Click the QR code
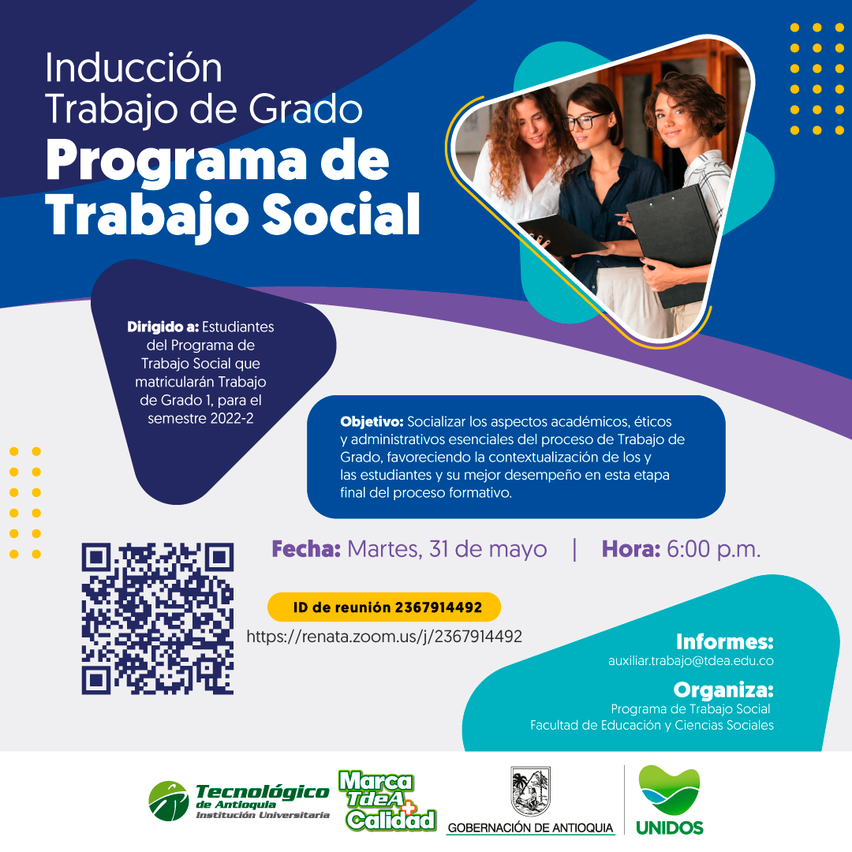click(x=158, y=618)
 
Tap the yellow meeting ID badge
click(x=384, y=607)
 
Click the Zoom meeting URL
click(x=384, y=637)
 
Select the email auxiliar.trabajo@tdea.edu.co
click(x=690, y=661)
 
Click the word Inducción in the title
click(x=133, y=68)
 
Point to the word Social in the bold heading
click(x=342, y=215)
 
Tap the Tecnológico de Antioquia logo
click(x=239, y=801)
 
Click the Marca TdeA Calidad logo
click(x=387, y=801)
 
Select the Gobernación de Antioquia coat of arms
click(x=531, y=792)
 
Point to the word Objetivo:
click(x=372, y=421)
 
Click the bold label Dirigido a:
click(x=163, y=327)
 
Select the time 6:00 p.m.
click(x=713, y=549)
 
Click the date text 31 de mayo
click(x=488, y=549)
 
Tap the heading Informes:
click(x=725, y=641)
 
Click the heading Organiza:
click(x=723, y=690)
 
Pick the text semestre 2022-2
click(x=200, y=418)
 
